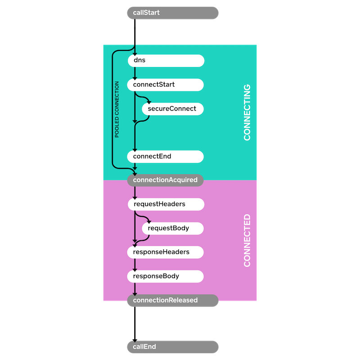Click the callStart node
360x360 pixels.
click(x=173, y=13)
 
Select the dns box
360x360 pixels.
click(x=166, y=60)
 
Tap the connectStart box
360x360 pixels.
click(x=166, y=85)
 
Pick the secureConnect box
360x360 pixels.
click(x=173, y=108)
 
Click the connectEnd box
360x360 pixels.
click(x=166, y=157)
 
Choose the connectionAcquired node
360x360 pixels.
click(x=166, y=180)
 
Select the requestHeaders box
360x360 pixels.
click(x=166, y=204)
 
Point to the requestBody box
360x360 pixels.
click(x=173, y=228)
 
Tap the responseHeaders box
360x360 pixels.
click(x=166, y=252)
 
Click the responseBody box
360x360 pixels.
click(x=166, y=276)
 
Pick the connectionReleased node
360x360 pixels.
click(x=173, y=300)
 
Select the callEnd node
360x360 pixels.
click(x=173, y=347)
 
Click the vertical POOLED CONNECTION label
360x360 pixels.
click(x=117, y=109)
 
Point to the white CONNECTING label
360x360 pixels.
click(x=247, y=112)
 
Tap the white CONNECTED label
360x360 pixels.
click(x=247, y=240)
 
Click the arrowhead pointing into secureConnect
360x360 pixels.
click(x=149, y=102)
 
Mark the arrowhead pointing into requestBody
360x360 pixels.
click(x=149, y=221)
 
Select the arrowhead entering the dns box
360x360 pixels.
click(x=135, y=54)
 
